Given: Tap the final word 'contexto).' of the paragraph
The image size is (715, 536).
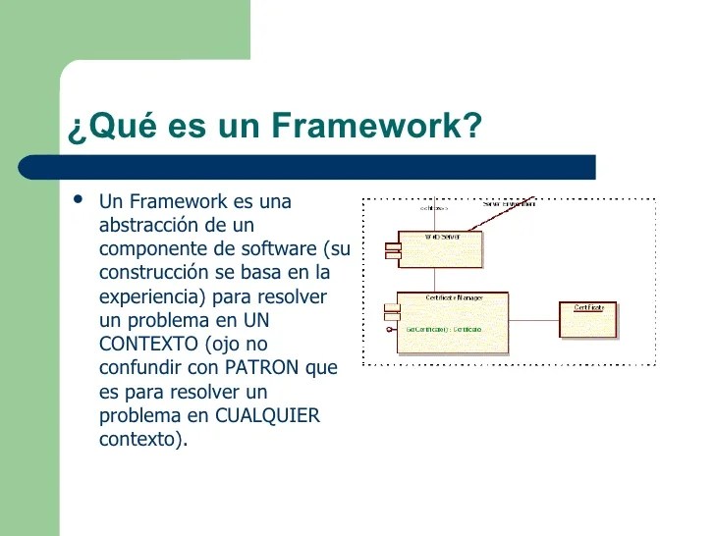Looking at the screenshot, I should (x=143, y=438).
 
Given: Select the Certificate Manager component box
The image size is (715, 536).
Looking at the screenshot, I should (x=454, y=324).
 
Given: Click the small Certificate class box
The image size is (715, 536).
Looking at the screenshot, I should (x=588, y=321).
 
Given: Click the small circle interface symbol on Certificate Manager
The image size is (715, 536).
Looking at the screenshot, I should (x=390, y=329).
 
